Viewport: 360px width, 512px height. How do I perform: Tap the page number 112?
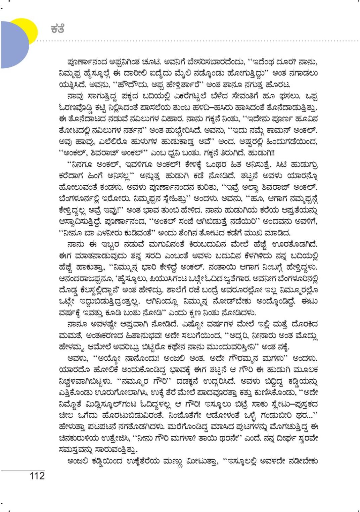[37, 476]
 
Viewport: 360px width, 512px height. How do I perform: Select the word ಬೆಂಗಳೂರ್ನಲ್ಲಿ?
[81, 197]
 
